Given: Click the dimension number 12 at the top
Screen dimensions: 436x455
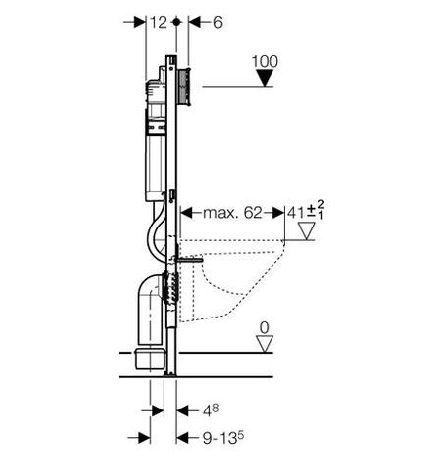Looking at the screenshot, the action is tap(159, 23).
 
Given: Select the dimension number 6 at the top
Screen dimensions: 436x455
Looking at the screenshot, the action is tap(218, 23).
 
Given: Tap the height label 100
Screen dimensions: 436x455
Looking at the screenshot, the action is tap(265, 61).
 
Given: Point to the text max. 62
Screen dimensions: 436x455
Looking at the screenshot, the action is tap(233, 213).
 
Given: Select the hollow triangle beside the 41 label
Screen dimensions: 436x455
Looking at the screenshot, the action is tap(307, 230).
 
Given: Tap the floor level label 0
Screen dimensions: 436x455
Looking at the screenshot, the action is tap(265, 328).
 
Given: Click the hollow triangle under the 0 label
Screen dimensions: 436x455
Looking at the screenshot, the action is tap(265, 344).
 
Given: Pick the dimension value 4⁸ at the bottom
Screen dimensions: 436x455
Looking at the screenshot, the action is tap(211, 410).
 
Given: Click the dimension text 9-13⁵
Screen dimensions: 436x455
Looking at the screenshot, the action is tap(223, 438).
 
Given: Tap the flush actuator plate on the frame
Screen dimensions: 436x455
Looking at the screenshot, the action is tap(184, 87).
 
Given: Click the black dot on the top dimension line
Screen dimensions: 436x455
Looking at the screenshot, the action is tap(176, 22).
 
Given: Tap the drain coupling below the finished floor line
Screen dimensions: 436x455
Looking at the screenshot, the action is tap(150, 358).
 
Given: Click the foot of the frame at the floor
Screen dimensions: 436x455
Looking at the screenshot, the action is tap(170, 374).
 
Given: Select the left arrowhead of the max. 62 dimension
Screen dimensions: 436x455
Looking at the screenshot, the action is tap(187, 213).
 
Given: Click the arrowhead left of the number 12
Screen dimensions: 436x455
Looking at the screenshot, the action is tap(139, 23).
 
